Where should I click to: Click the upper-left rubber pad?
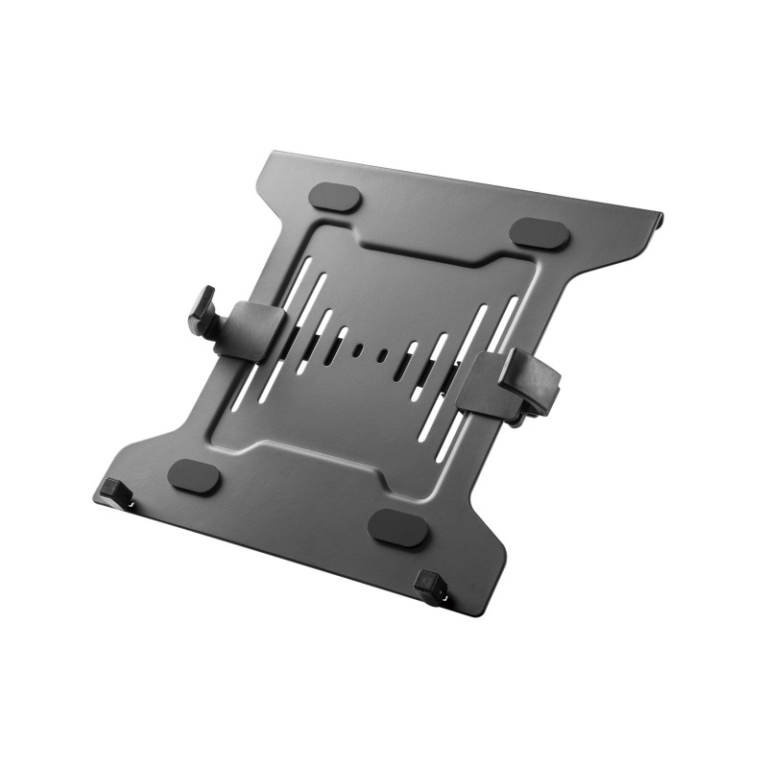[336, 198]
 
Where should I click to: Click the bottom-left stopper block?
[120, 492]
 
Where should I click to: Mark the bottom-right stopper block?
[431, 587]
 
